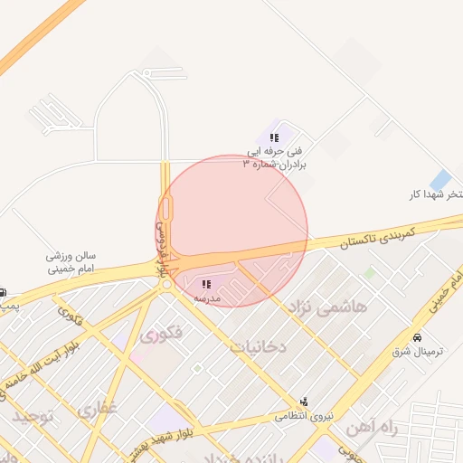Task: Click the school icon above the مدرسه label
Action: point(207,284)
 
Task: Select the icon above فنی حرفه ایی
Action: point(275,137)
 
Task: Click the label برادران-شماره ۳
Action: point(276,165)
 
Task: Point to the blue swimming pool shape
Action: point(441,180)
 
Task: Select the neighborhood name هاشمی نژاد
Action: point(327,307)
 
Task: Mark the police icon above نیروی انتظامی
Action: point(303,401)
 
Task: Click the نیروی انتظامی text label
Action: point(304,416)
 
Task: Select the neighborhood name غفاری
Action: point(99,411)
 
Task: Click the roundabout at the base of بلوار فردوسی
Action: point(167,284)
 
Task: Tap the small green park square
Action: point(369,271)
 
